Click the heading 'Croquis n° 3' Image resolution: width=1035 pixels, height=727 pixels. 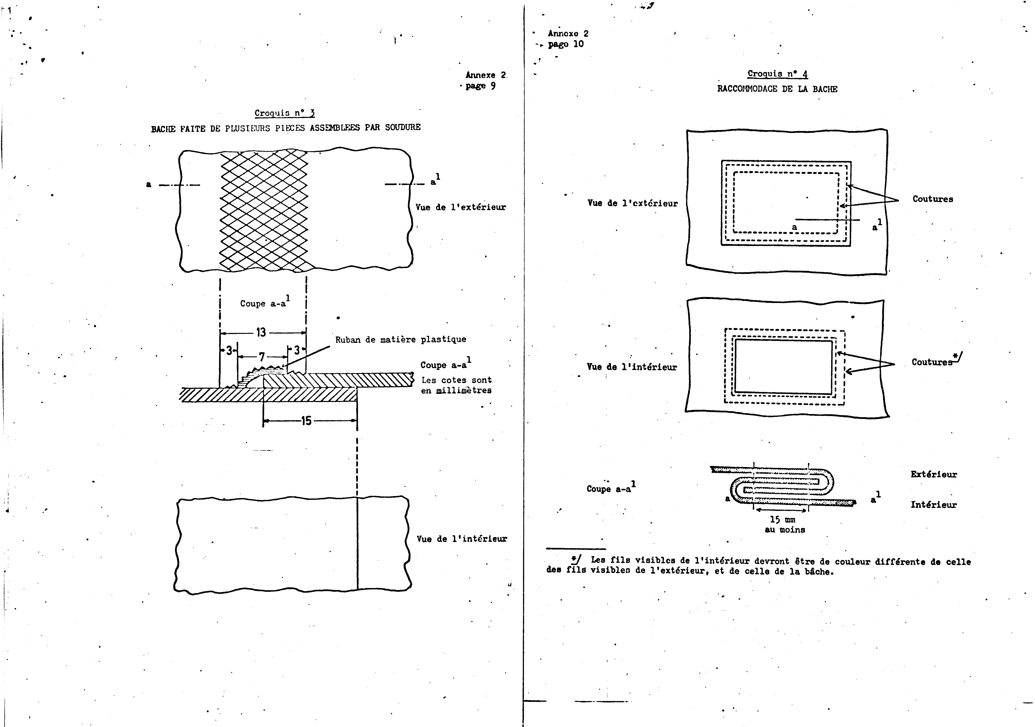point(284,113)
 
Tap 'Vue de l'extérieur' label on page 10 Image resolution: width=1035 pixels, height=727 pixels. point(632,203)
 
